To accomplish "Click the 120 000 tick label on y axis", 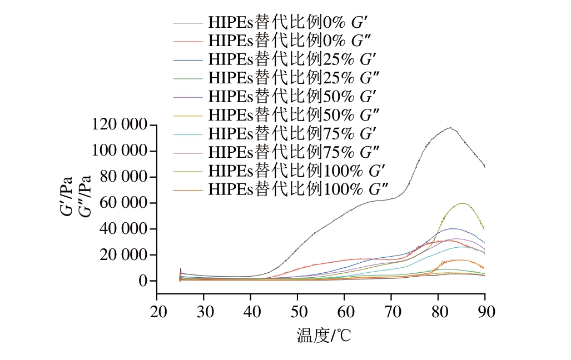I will [x=120, y=125].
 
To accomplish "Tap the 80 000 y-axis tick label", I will [x=123, y=177].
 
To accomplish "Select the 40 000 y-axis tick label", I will [x=123, y=229].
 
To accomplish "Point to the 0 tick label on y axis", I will [x=143, y=281].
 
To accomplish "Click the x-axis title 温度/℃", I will [x=321, y=336].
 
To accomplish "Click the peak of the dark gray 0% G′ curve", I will [x=449, y=127].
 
